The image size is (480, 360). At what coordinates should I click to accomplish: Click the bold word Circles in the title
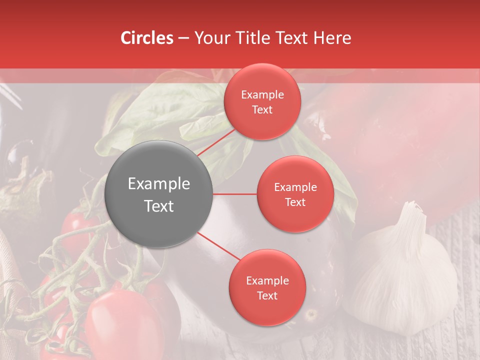point(147,38)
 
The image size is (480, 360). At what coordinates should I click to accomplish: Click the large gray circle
point(159,194)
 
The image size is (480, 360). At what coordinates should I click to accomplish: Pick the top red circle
point(262,102)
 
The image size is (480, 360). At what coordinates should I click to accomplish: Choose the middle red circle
point(295,194)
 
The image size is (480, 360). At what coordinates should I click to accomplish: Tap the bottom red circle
point(267,288)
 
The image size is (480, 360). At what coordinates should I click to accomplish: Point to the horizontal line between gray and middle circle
point(235,194)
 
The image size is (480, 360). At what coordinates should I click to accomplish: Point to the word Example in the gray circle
point(159,184)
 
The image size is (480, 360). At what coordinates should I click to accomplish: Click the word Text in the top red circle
point(262,110)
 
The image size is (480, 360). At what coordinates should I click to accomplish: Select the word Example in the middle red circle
point(295,187)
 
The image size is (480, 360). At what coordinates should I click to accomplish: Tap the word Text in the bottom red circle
point(267,296)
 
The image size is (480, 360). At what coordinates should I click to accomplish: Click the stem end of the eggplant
point(311,315)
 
